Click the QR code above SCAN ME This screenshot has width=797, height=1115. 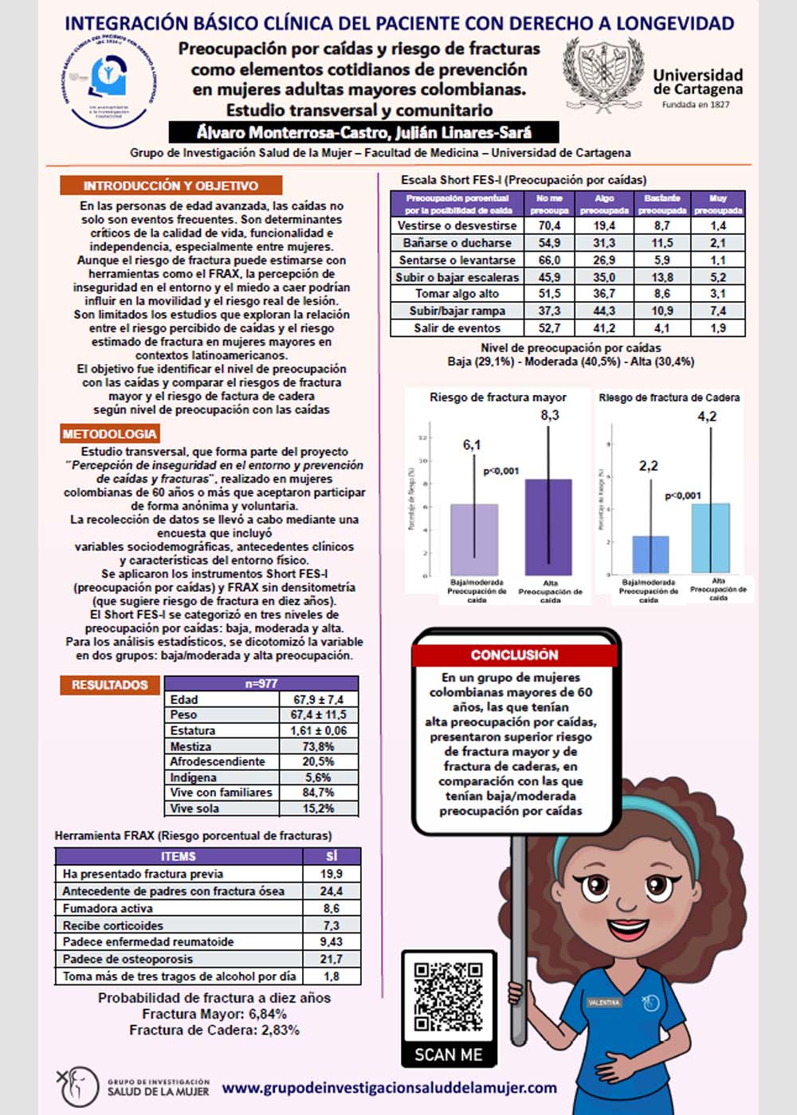(x=448, y=997)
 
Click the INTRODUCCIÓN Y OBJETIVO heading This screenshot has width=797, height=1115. (x=171, y=186)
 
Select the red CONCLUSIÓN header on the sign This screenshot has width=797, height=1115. (x=515, y=655)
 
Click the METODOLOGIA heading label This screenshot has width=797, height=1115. (x=110, y=434)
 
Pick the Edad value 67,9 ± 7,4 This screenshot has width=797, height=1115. (x=318, y=699)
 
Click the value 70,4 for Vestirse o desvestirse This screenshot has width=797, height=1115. (x=549, y=225)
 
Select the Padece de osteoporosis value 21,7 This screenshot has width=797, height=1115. (x=331, y=959)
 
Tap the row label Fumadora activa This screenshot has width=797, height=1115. (x=108, y=908)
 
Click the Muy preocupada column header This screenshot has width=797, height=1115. (x=718, y=204)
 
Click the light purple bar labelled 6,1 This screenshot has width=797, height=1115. (x=474, y=539)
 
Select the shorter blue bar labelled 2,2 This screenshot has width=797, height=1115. (x=650, y=554)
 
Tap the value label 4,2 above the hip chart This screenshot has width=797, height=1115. (x=707, y=417)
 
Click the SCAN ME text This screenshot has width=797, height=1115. (x=448, y=1054)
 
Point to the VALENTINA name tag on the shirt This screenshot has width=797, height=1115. (x=604, y=1002)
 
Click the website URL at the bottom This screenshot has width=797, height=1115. (x=389, y=1087)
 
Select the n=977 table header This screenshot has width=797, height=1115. (x=261, y=683)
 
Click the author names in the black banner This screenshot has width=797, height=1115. (x=363, y=132)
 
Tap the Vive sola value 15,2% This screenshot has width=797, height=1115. (x=318, y=808)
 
